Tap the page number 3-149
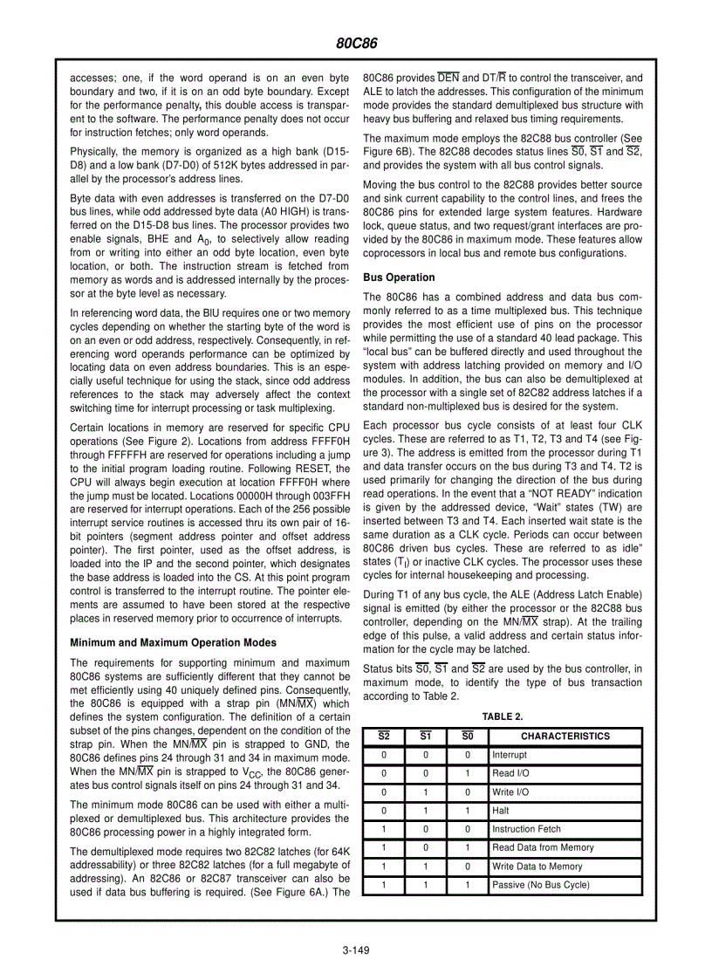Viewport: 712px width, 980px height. (356, 951)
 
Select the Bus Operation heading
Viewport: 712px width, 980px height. (399, 278)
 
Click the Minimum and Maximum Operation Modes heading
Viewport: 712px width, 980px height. (173, 642)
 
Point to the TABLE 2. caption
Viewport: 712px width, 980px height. (503, 716)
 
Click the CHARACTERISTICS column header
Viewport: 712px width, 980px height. (565, 737)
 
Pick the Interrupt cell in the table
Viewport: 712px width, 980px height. (510, 755)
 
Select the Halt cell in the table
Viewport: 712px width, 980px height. (501, 811)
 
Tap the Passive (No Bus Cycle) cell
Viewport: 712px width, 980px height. (541, 885)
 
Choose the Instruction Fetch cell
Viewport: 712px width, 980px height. (526, 829)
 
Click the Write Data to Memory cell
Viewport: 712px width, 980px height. (537, 867)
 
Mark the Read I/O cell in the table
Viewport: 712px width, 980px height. (510, 773)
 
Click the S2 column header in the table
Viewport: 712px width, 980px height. (383, 737)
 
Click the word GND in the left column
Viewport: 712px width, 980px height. (339, 744)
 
